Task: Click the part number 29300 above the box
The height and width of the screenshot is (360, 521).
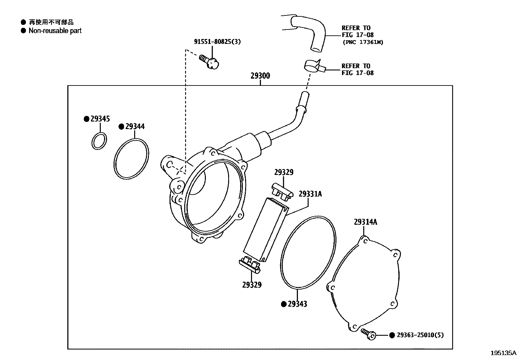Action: click(260, 76)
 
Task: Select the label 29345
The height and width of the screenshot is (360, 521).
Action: click(100, 119)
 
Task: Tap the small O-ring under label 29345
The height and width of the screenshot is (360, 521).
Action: click(99, 141)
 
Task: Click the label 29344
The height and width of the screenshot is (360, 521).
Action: click(135, 126)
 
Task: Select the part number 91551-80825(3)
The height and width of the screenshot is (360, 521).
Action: click(217, 42)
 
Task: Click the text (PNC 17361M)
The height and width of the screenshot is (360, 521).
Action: click(363, 42)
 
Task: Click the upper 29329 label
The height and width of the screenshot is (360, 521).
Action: click(284, 172)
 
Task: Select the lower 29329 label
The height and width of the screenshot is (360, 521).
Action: click(252, 285)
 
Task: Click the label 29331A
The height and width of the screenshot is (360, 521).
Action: click(310, 194)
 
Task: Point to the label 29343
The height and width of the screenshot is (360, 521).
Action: click(297, 304)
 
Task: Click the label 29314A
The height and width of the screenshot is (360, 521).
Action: click(365, 222)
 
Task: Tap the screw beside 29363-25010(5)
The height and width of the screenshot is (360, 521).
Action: click(368, 334)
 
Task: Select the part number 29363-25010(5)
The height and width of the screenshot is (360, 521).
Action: click(420, 335)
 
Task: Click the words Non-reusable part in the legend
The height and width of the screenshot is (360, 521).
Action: click(55, 31)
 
